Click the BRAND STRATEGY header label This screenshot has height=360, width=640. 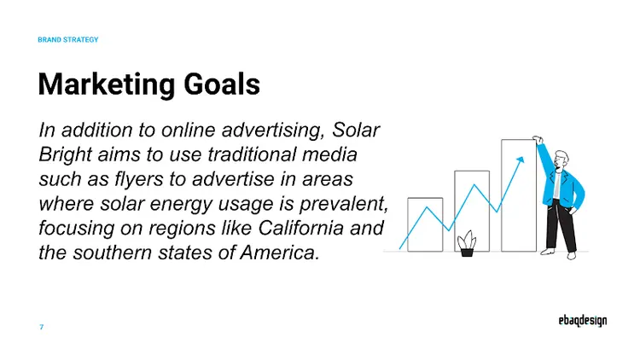click(68, 40)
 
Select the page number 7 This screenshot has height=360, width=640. click(41, 327)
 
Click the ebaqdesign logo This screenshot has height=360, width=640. click(578, 322)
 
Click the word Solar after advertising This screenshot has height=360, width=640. click(358, 131)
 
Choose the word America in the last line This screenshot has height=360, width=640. click(274, 253)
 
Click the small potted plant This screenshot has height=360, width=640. click(466, 243)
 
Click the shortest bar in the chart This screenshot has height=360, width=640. click(425, 224)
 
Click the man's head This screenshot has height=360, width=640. click(561, 159)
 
